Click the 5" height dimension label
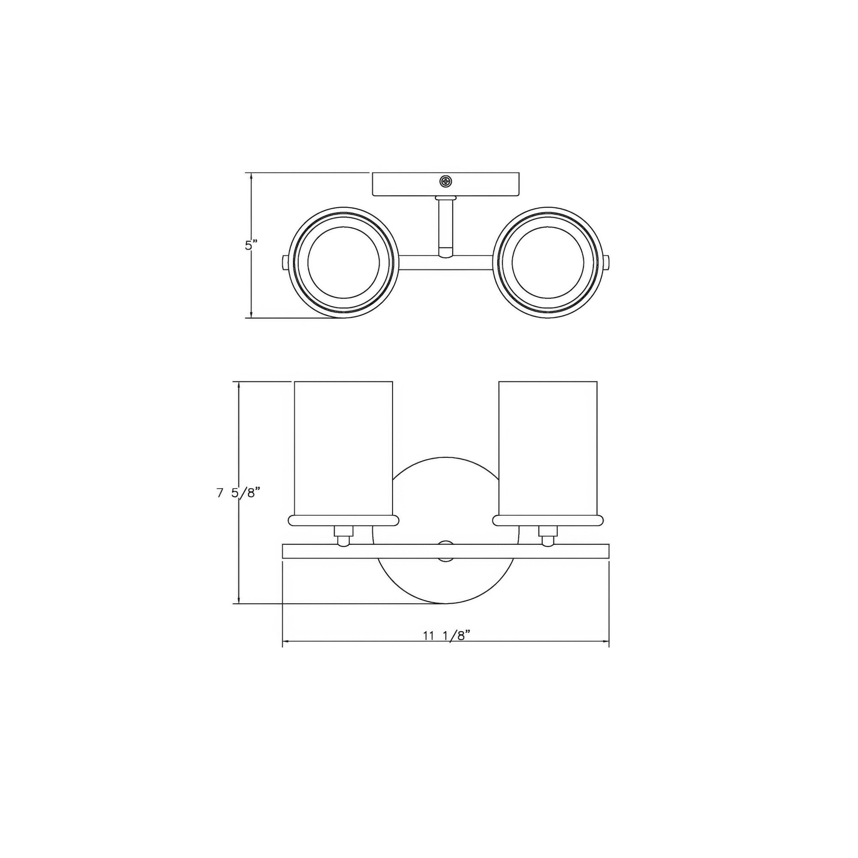point(251,245)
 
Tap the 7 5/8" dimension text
point(238,493)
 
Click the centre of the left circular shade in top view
point(343,263)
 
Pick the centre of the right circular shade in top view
point(547,263)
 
